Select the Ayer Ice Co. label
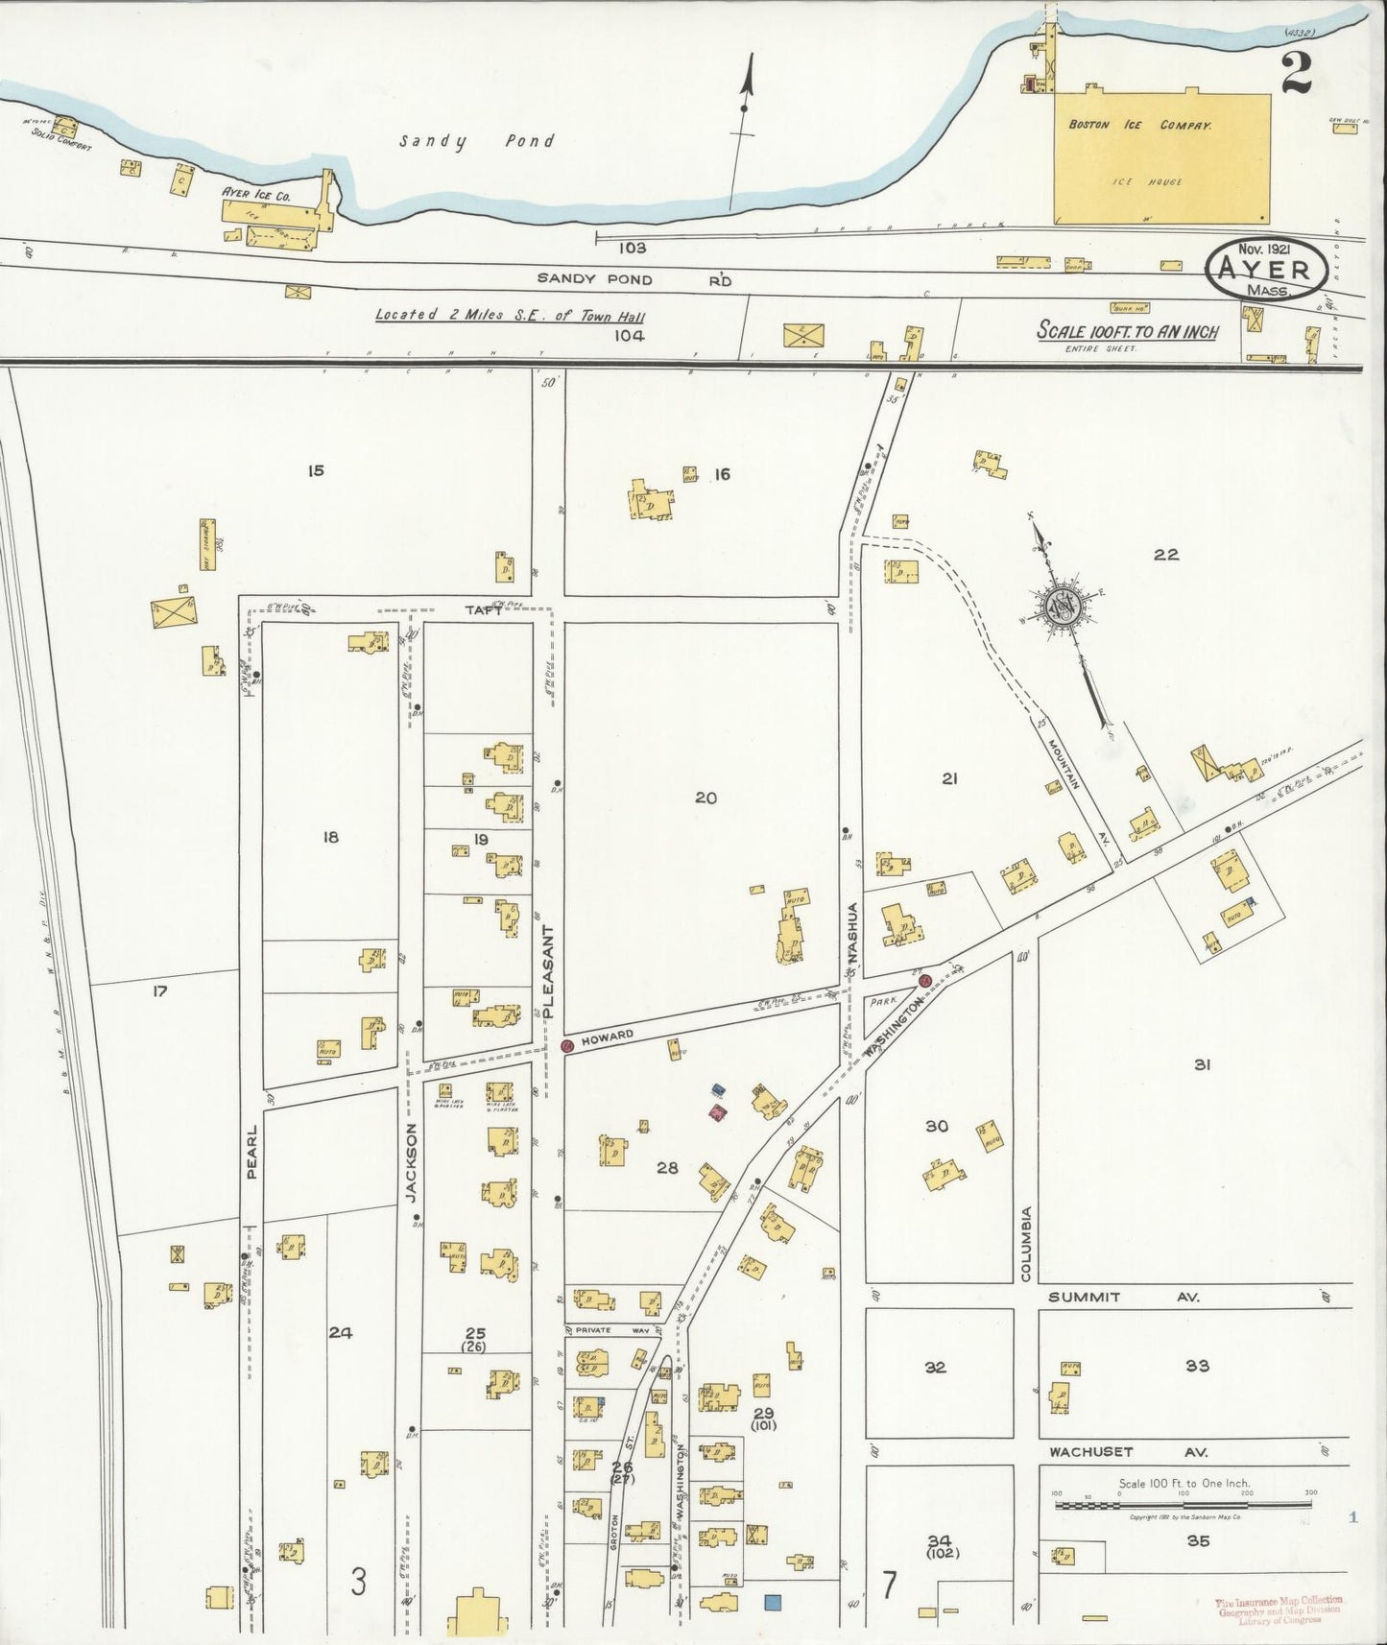click(x=255, y=193)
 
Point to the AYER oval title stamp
click(x=1267, y=271)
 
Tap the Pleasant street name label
click(x=549, y=971)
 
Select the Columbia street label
click(x=1025, y=1244)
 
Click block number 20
click(x=706, y=798)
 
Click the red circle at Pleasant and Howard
click(x=567, y=1046)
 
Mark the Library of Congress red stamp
click(x=1279, y=1609)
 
